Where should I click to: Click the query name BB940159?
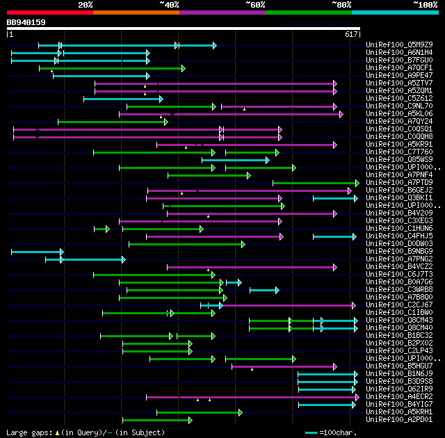pyautogui.click(x=26, y=22)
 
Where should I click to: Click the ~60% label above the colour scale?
pyautogui.click(x=255, y=5)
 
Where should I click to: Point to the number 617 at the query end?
pyautogui.click(x=351, y=34)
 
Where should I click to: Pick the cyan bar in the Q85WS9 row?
pyautogui.click(x=235, y=160)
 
